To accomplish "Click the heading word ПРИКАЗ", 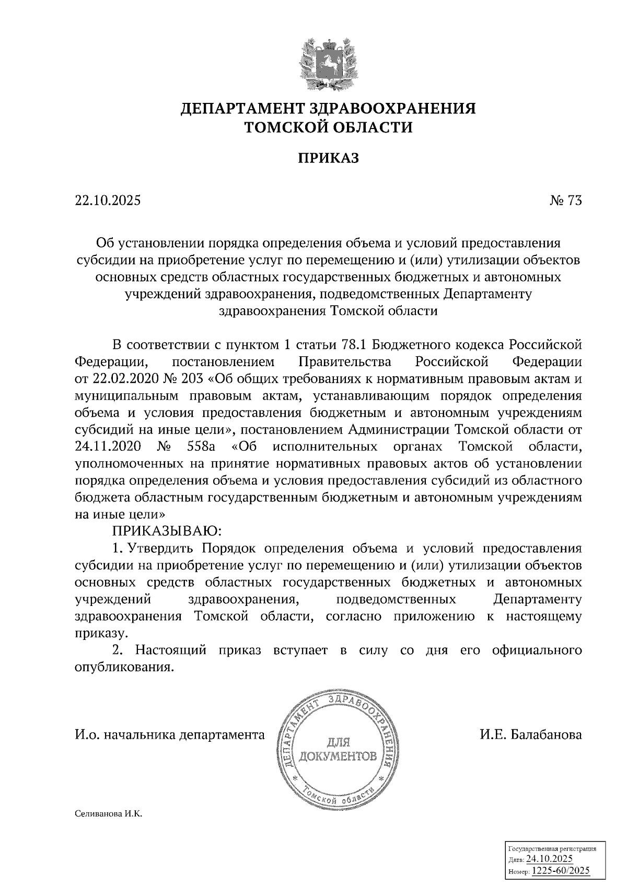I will (x=328, y=158).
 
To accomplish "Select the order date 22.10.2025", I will (x=108, y=201).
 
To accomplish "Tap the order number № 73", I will (x=565, y=201).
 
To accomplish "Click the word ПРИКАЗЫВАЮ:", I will (x=167, y=531).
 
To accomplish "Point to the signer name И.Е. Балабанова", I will (x=531, y=735).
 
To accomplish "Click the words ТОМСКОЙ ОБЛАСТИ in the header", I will (x=329, y=127).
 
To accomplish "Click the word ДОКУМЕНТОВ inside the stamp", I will (x=338, y=756).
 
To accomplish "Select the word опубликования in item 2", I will (x=124, y=667).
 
